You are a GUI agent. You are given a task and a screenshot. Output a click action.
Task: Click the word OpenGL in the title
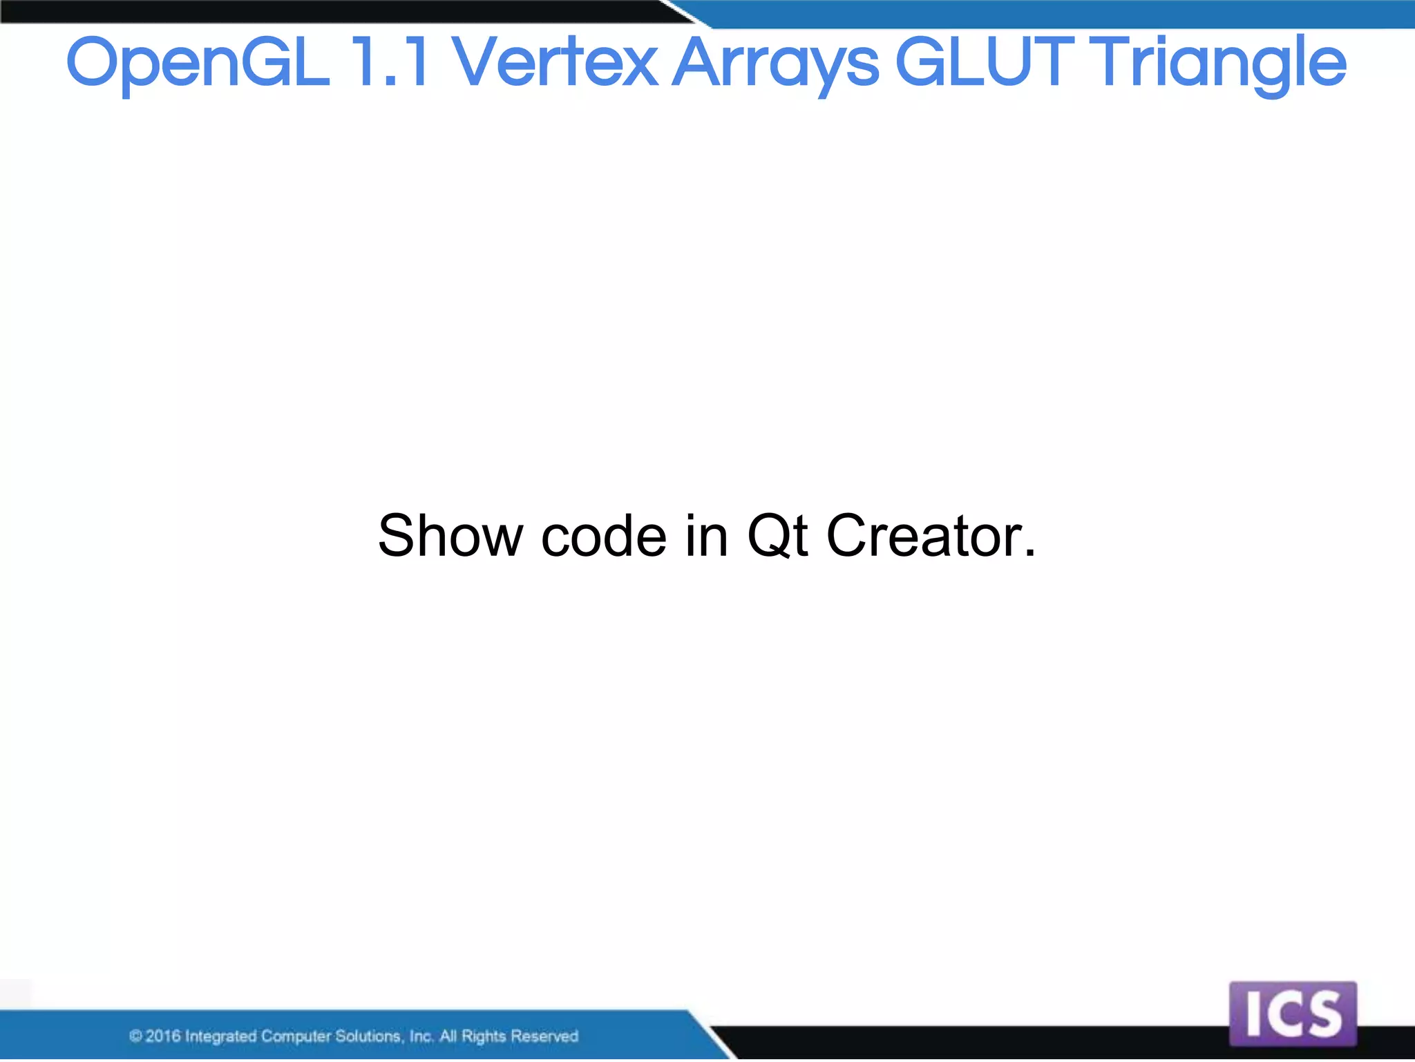[197, 64]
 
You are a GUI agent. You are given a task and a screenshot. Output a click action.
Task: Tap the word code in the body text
[603, 537]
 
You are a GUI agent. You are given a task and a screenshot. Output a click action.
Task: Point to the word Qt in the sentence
[777, 537]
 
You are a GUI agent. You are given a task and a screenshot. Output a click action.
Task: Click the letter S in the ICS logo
[1323, 1014]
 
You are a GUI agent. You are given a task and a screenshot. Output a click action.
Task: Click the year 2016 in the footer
[162, 1036]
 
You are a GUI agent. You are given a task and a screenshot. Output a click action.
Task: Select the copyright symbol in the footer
[135, 1036]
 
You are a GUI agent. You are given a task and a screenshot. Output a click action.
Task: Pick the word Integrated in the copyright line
[220, 1036]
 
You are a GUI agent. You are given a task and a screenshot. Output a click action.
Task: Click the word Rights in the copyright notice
[484, 1036]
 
